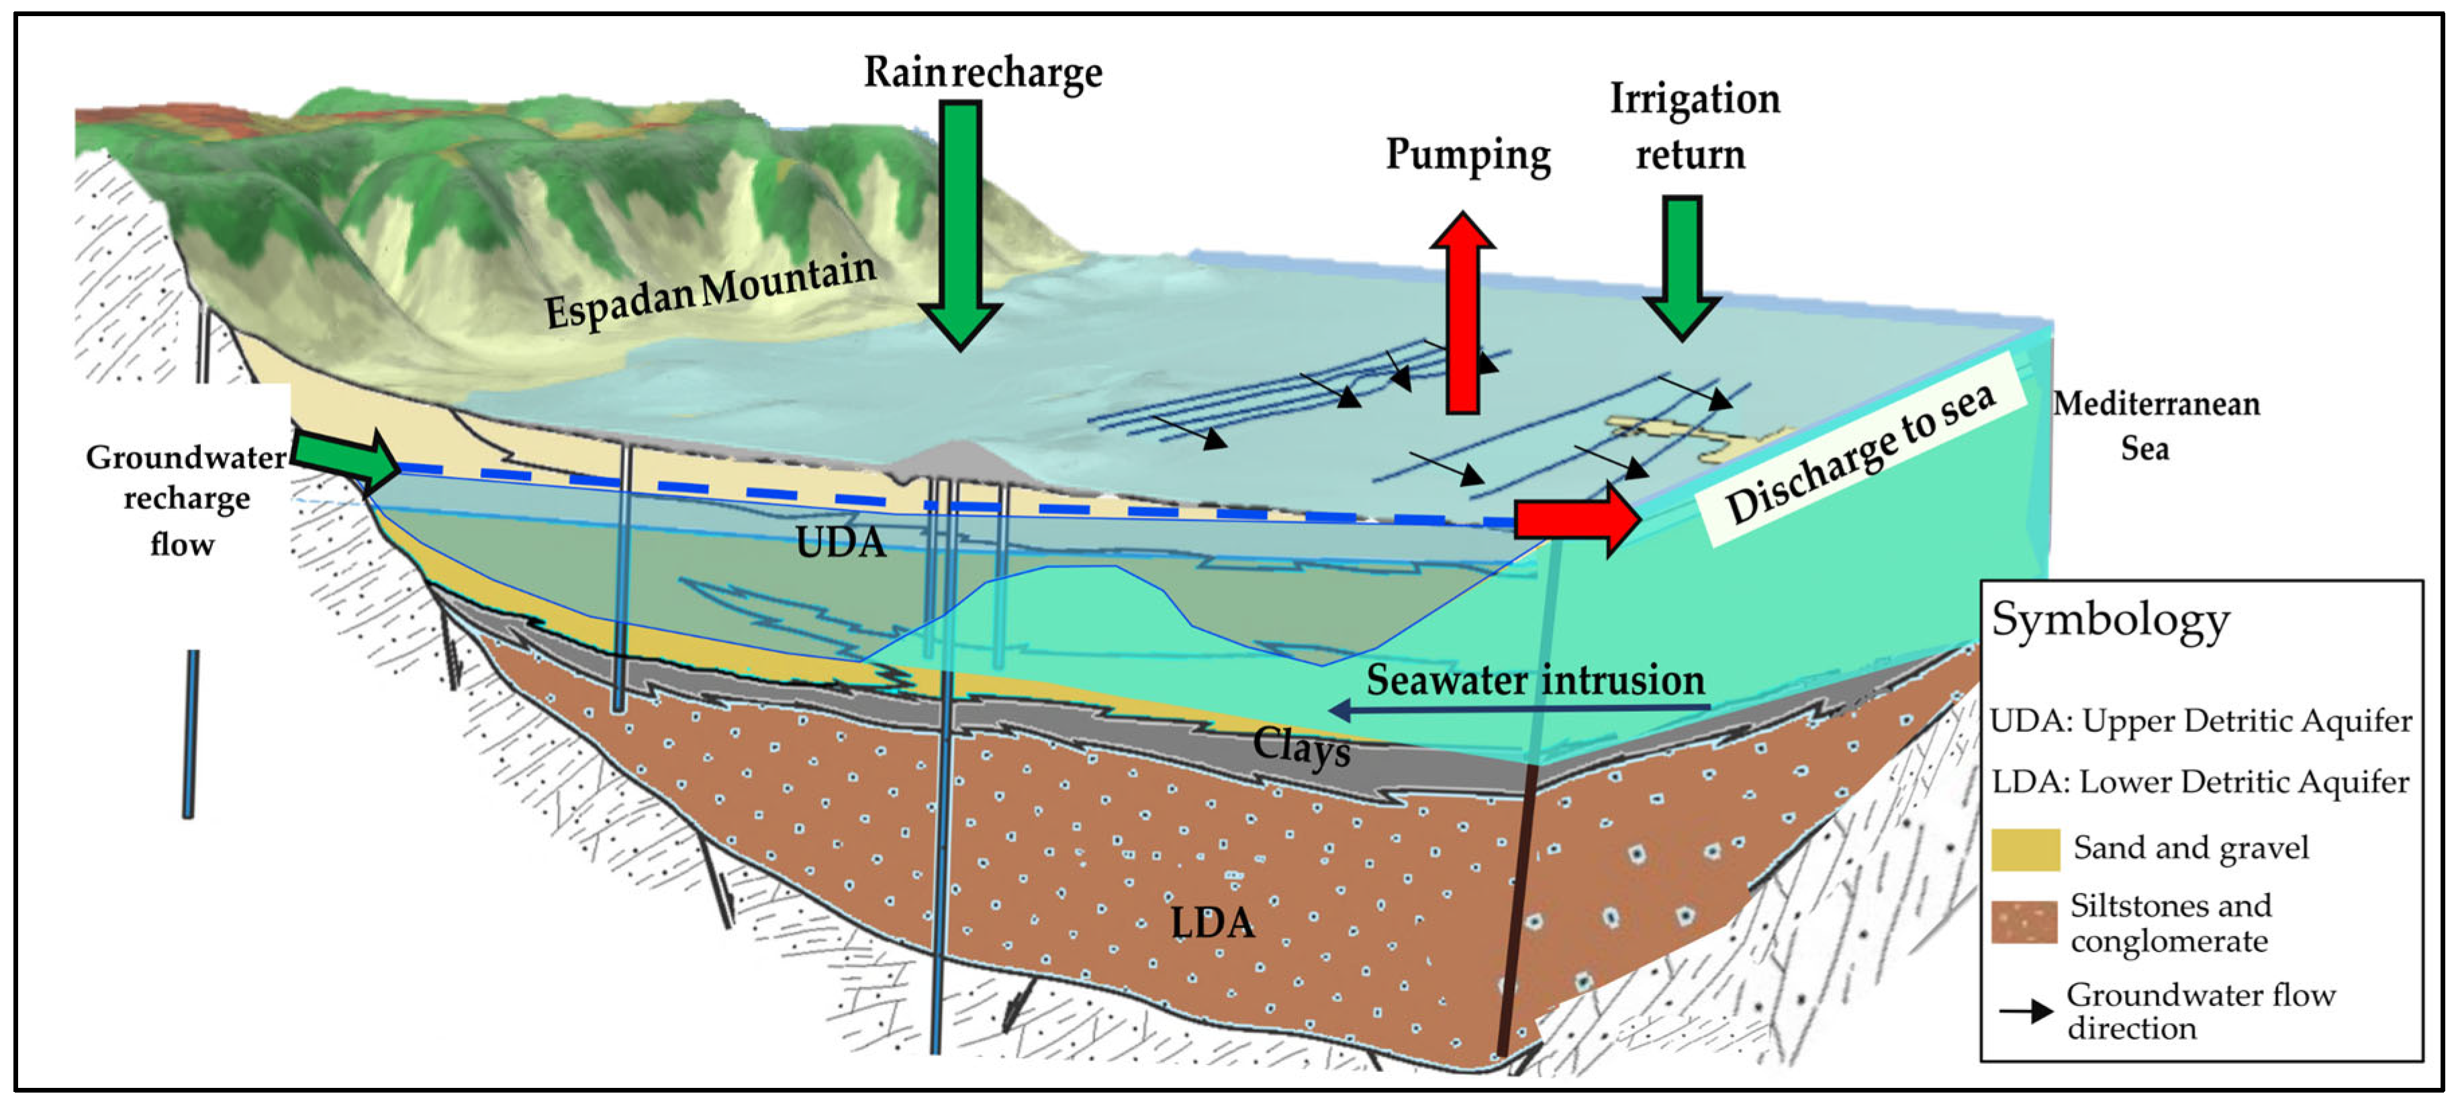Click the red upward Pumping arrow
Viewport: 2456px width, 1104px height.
1462,314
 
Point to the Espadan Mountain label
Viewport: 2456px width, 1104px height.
710,290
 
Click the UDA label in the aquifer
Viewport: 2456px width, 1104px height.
840,543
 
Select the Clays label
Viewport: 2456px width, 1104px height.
1301,747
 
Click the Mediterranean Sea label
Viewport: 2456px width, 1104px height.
2155,425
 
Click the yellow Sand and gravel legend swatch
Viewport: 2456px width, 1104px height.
2025,849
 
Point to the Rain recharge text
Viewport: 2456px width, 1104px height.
982,73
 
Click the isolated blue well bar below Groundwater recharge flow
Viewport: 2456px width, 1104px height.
191,733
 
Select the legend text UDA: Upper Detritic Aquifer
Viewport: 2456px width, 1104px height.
2200,721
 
